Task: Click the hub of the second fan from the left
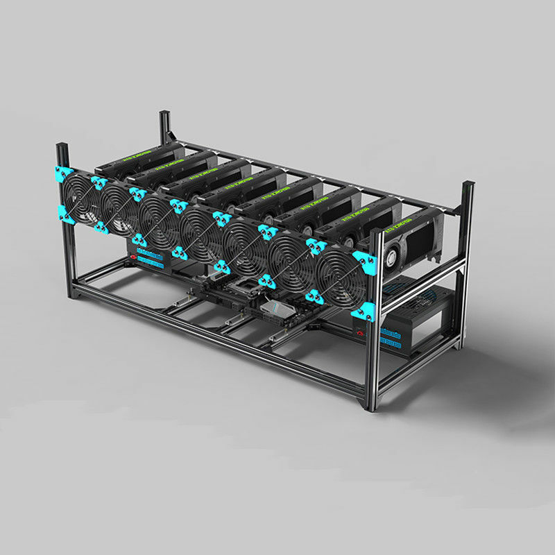click(119, 207)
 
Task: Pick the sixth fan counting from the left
click(291, 259)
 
